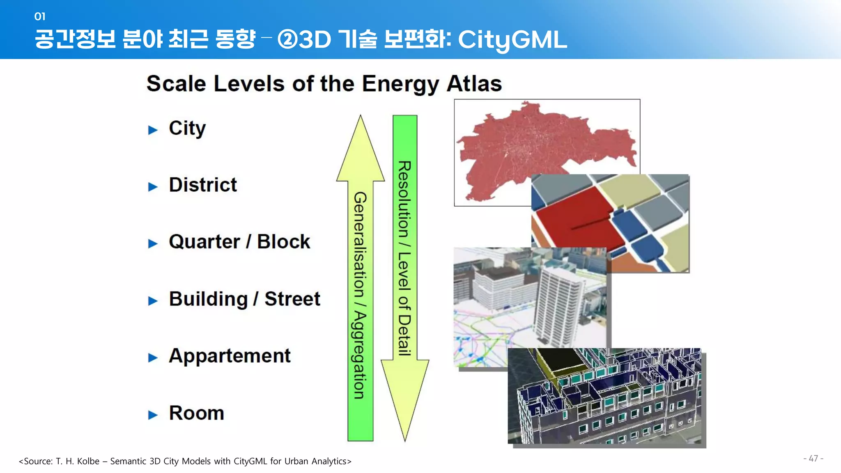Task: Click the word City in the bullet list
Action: (x=187, y=128)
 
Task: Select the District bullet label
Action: (x=203, y=185)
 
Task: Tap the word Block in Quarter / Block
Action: (x=283, y=241)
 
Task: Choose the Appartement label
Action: (x=230, y=356)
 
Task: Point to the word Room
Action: (x=197, y=413)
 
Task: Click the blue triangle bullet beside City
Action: (x=153, y=130)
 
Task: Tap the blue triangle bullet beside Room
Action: (x=153, y=415)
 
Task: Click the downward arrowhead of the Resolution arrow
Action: (x=405, y=394)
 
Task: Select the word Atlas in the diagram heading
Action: (x=474, y=84)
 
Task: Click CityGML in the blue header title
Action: (x=512, y=40)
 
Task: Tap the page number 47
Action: (x=813, y=458)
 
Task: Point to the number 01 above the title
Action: (x=40, y=16)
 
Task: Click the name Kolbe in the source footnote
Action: (x=88, y=461)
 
